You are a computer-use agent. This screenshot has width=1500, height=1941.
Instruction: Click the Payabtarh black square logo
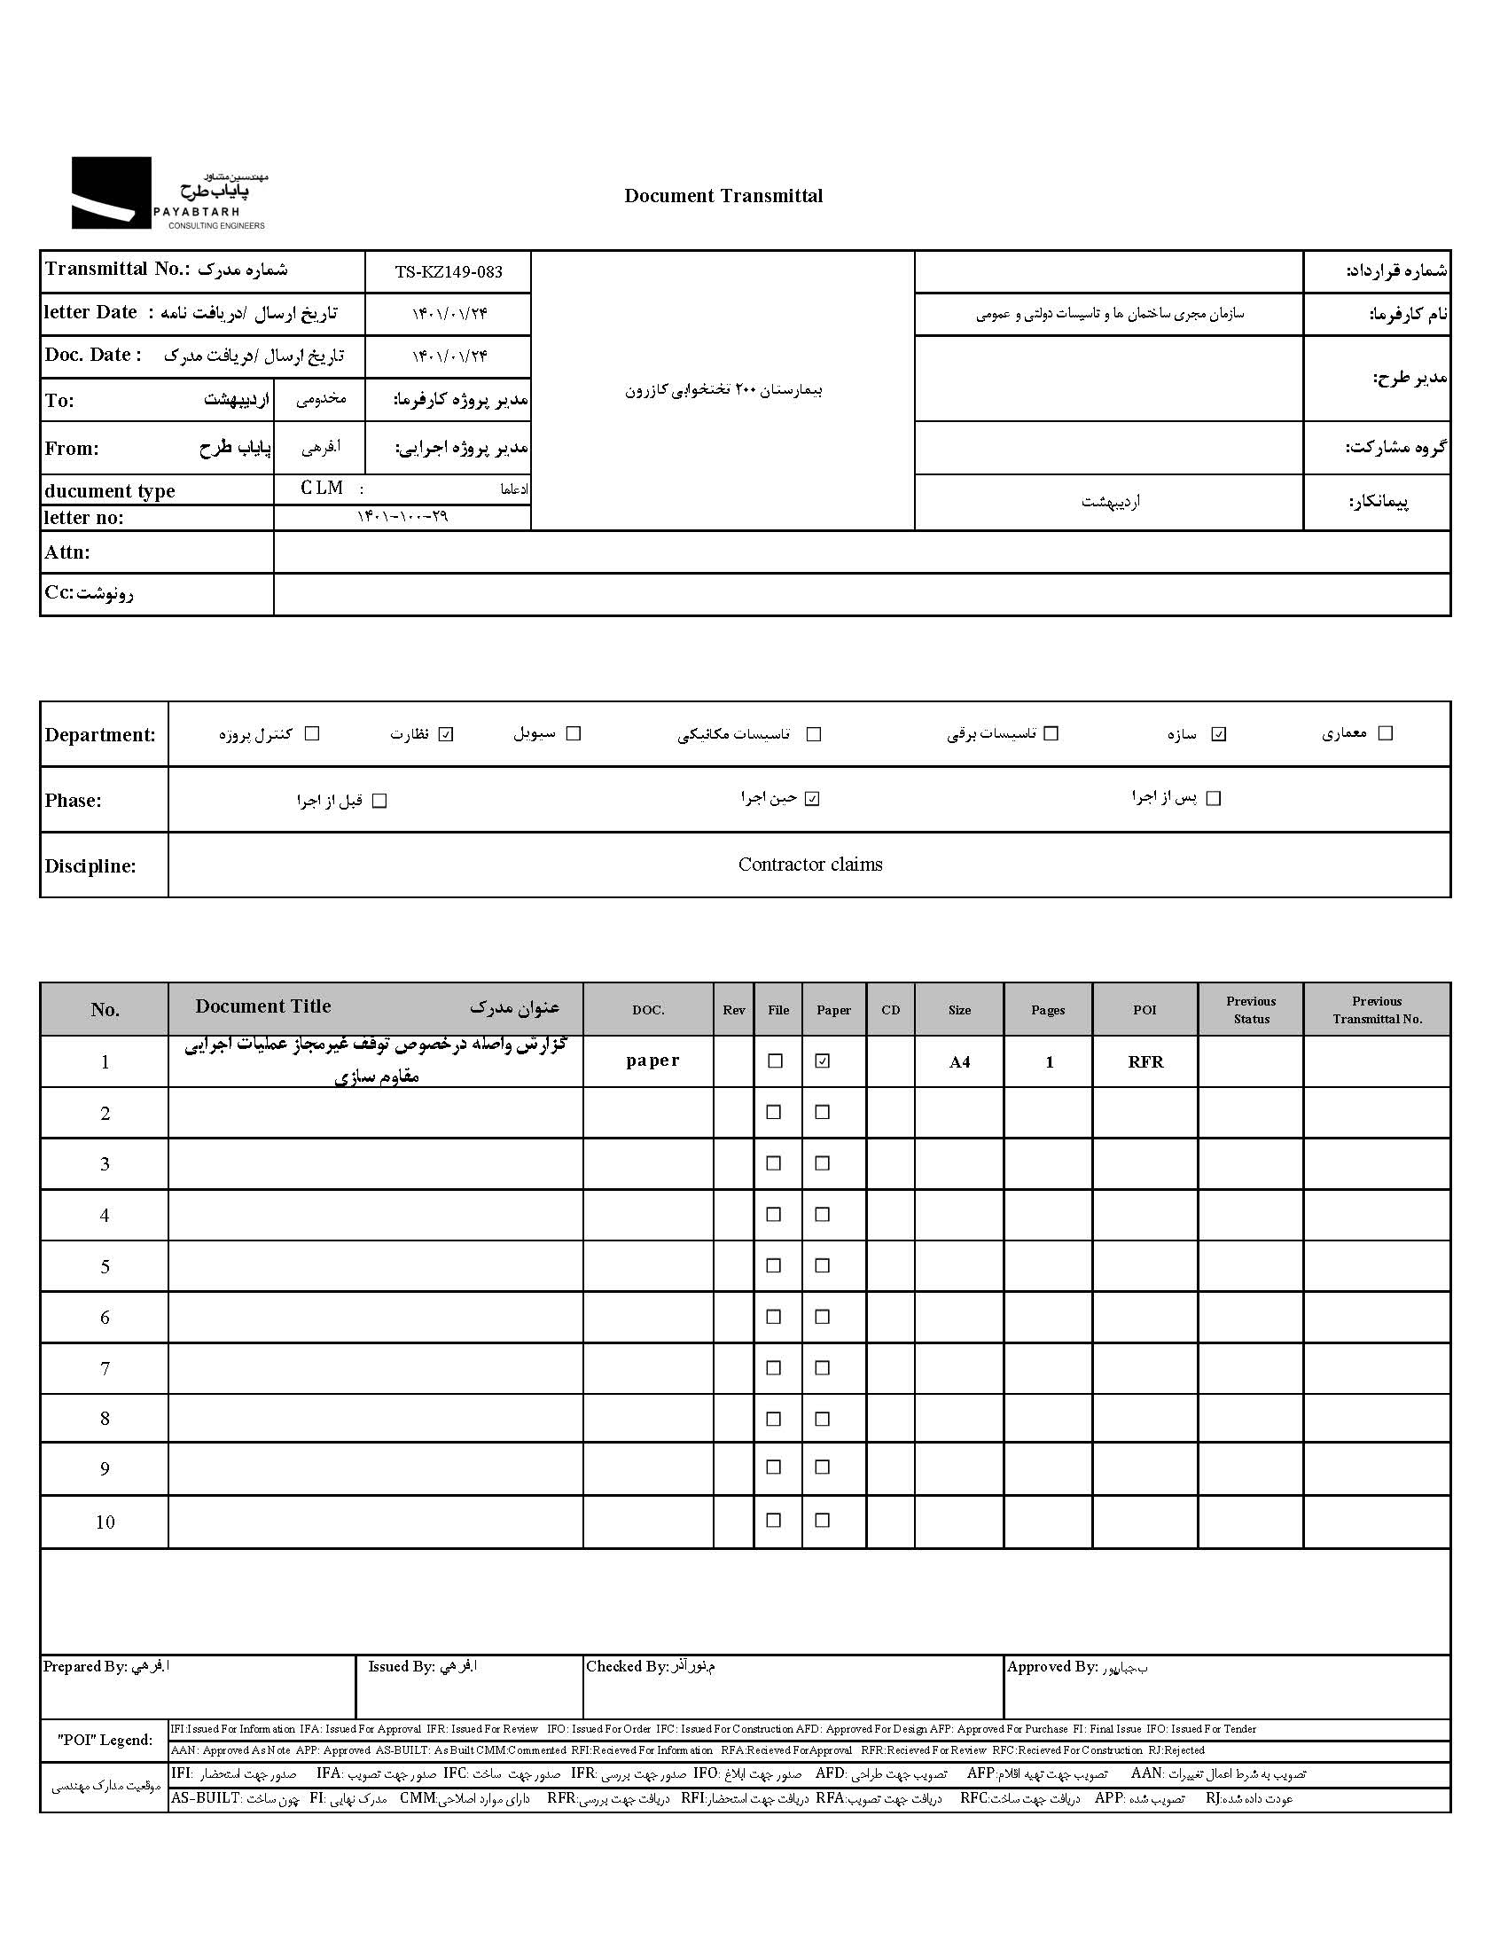coord(111,192)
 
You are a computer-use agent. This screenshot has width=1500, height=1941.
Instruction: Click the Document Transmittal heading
coord(723,196)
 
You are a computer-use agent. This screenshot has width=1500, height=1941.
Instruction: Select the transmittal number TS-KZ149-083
coord(449,272)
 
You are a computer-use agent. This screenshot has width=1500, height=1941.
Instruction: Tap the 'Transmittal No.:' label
coord(117,269)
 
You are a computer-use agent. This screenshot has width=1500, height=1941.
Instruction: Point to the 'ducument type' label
coord(110,490)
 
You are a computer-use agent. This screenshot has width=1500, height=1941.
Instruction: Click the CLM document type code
coord(322,488)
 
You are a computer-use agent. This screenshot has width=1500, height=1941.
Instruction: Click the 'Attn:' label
coord(67,552)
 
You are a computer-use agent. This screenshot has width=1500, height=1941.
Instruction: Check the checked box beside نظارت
coord(446,734)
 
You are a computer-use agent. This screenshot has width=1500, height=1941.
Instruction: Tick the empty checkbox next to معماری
coord(1385,733)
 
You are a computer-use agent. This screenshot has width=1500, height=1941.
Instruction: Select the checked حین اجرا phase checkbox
coord(811,799)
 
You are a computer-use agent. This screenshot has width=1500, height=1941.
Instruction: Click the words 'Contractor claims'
coord(810,864)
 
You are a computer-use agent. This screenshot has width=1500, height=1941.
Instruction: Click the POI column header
coord(1145,1010)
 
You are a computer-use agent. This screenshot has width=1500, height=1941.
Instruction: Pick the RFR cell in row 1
coord(1145,1062)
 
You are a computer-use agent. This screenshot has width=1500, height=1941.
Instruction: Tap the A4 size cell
coord(960,1062)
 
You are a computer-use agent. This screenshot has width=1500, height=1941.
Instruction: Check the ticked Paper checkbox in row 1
coord(823,1061)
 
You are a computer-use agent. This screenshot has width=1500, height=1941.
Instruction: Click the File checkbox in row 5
coord(774,1265)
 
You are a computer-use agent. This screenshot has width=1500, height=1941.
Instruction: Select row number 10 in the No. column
coord(105,1522)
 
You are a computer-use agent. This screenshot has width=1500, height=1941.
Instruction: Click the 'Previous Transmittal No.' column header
coord(1377,1010)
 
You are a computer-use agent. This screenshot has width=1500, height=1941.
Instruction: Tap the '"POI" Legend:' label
coord(105,1740)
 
